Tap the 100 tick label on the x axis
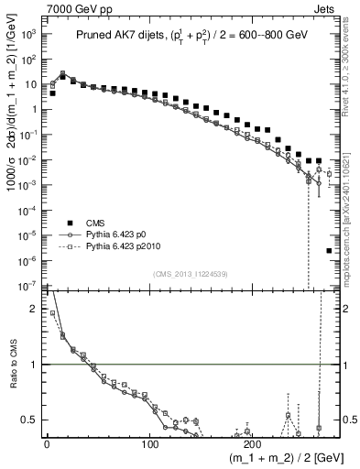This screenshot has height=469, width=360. coord(150,444)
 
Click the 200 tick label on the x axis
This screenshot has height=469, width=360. coord(255,444)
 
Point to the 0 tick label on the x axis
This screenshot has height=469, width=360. coord(47,444)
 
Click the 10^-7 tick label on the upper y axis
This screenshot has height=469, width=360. coord(27,287)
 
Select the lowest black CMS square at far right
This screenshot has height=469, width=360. coord(329,250)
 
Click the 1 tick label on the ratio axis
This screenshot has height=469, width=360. coord(34,365)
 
